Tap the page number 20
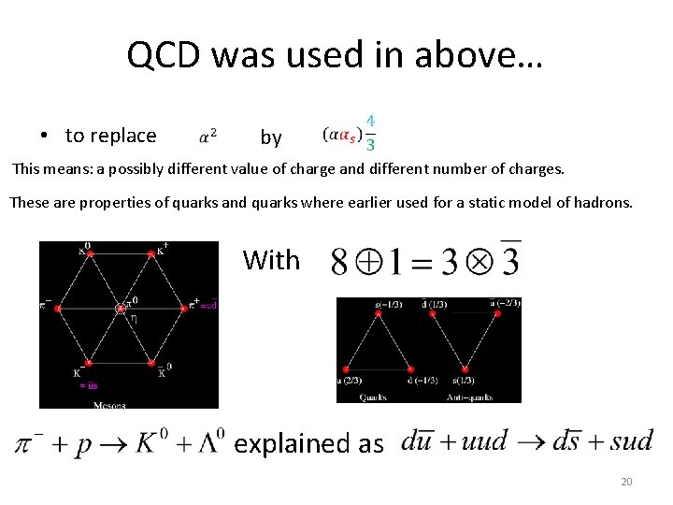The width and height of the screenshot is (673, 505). coord(626,483)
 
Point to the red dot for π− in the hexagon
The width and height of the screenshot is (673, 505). coord(58,307)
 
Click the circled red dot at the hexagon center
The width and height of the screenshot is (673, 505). coord(121,308)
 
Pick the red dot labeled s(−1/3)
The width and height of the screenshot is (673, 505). coord(379,314)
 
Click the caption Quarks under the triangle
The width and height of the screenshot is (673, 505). coord(378,397)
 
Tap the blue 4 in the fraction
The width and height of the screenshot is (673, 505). coord(371,122)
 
